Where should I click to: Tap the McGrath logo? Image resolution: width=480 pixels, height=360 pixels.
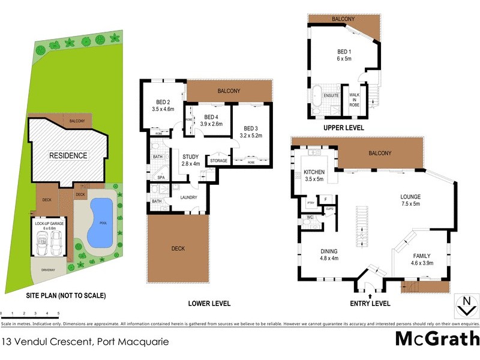coord(437,339)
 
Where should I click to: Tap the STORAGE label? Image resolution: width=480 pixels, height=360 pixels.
coord(218,161)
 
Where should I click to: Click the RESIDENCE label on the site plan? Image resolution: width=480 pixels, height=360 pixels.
coord(68,155)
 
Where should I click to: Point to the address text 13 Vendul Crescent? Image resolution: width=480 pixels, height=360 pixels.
coord(85,343)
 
